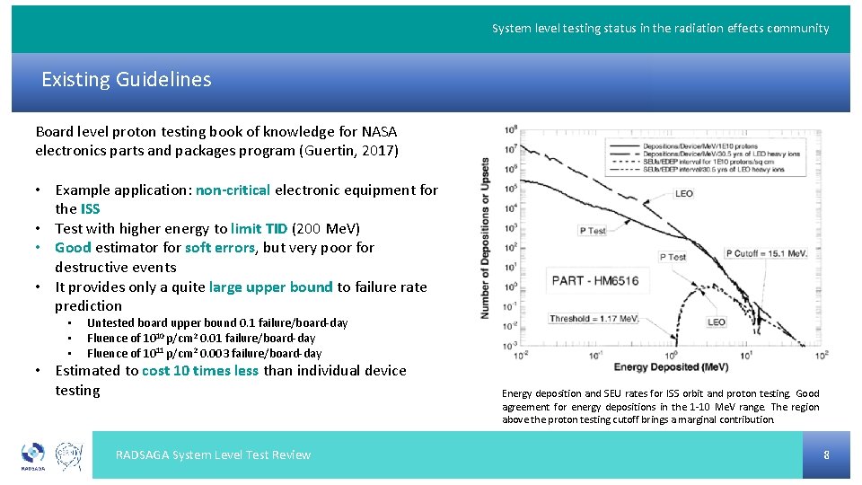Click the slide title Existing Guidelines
point(127,80)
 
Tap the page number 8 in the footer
point(826,455)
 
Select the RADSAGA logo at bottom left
point(33,455)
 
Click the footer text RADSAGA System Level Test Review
point(213,455)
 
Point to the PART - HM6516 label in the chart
point(595,280)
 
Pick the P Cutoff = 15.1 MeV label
point(766,253)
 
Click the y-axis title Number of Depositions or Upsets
point(486,238)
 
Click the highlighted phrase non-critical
point(233,190)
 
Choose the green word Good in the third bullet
point(73,248)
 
